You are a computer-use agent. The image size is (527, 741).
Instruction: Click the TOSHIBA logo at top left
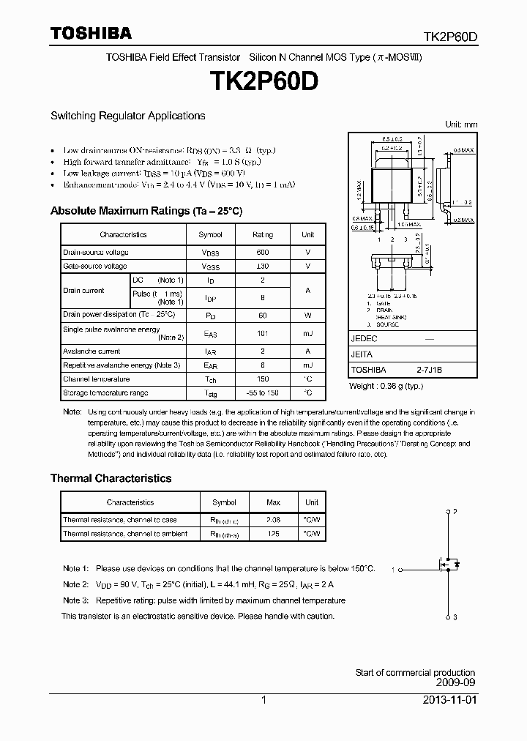(x=91, y=33)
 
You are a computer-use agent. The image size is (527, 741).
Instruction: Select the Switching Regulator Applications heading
(x=127, y=116)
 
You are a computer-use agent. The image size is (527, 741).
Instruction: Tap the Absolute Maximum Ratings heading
(x=146, y=211)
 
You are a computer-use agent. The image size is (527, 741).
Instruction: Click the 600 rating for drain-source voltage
(x=262, y=252)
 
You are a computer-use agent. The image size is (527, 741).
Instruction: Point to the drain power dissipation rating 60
(x=262, y=315)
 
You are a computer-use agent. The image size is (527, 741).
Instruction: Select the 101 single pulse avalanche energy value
(x=262, y=333)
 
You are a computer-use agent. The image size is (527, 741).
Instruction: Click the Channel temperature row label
(x=96, y=379)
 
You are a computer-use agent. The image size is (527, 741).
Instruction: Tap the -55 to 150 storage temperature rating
(x=262, y=393)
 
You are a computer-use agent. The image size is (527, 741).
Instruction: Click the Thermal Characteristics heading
(x=111, y=478)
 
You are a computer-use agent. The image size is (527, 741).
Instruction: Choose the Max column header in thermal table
(x=273, y=503)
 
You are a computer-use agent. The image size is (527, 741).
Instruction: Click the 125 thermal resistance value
(x=273, y=534)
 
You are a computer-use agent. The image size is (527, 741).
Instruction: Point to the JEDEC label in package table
(x=364, y=339)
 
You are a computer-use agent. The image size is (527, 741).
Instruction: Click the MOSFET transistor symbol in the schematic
(x=448, y=565)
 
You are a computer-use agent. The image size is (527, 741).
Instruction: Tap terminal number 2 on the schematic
(x=455, y=511)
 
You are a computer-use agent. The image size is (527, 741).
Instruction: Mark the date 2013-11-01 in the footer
(x=449, y=700)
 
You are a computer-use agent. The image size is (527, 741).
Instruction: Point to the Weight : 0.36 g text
(x=386, y=386)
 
